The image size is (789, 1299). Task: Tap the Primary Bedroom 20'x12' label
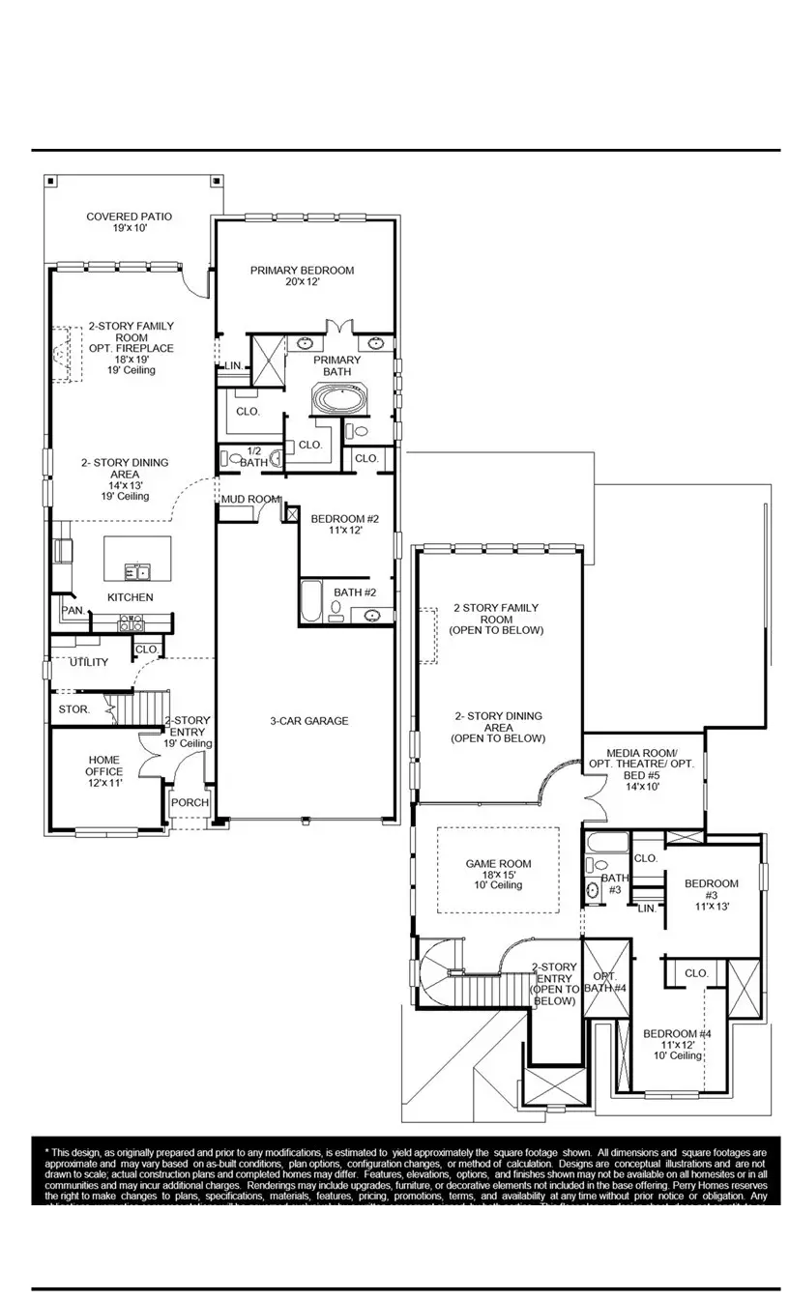302,276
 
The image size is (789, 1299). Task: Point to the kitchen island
137,559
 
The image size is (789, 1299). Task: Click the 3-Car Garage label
308,721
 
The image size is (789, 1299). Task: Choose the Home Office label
103,771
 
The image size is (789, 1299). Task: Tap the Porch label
189,803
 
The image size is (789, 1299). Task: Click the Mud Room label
250,500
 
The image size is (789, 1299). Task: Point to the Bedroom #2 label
344,525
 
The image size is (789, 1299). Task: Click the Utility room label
88,662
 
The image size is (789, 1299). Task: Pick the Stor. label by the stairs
73,709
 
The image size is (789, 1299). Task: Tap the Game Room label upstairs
498,874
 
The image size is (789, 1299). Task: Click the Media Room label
641,769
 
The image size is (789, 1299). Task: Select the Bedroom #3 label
711,894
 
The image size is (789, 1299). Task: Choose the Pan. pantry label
72,611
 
